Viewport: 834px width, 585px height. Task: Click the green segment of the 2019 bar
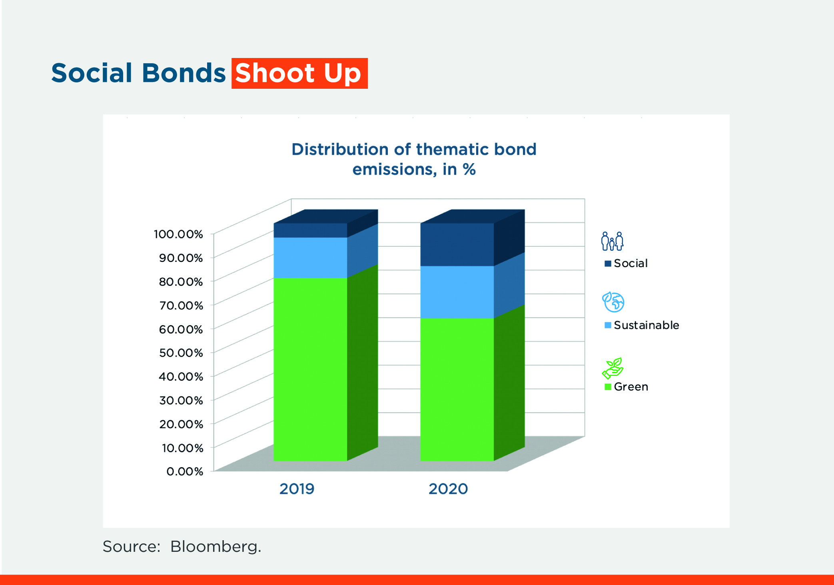[x=310, y=368]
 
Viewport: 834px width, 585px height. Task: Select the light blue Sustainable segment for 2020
[x=457, y=292]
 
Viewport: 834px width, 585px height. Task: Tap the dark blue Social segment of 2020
[x=457, y=244]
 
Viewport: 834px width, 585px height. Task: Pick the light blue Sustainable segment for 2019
[x=310, y=258]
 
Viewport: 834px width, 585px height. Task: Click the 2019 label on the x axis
[x=297, y=489]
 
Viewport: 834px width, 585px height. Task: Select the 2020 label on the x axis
[x=448, y=489]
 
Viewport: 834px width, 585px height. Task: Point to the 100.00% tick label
[x=178, y=234]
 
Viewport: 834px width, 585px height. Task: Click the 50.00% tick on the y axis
[x=181, y=353]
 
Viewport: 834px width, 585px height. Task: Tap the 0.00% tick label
[x=185, y=471]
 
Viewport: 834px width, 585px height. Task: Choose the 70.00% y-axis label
[x=181, y=305]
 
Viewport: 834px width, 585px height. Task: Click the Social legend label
[x=630, y=263]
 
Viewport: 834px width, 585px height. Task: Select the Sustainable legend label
[x=646, y=325]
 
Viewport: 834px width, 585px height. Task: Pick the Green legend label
[x=631, y=387]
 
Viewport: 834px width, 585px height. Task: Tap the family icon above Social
[x=612, y=241]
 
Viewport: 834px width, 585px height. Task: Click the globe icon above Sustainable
[x=613, y=302]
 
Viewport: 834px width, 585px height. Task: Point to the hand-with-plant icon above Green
[x=613, y=368]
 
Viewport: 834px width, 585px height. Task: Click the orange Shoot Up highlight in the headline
[x=299, y=74]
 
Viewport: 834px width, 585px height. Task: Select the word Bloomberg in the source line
[x=215, y=547]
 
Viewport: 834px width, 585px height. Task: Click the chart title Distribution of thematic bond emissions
[x=414, y=159]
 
